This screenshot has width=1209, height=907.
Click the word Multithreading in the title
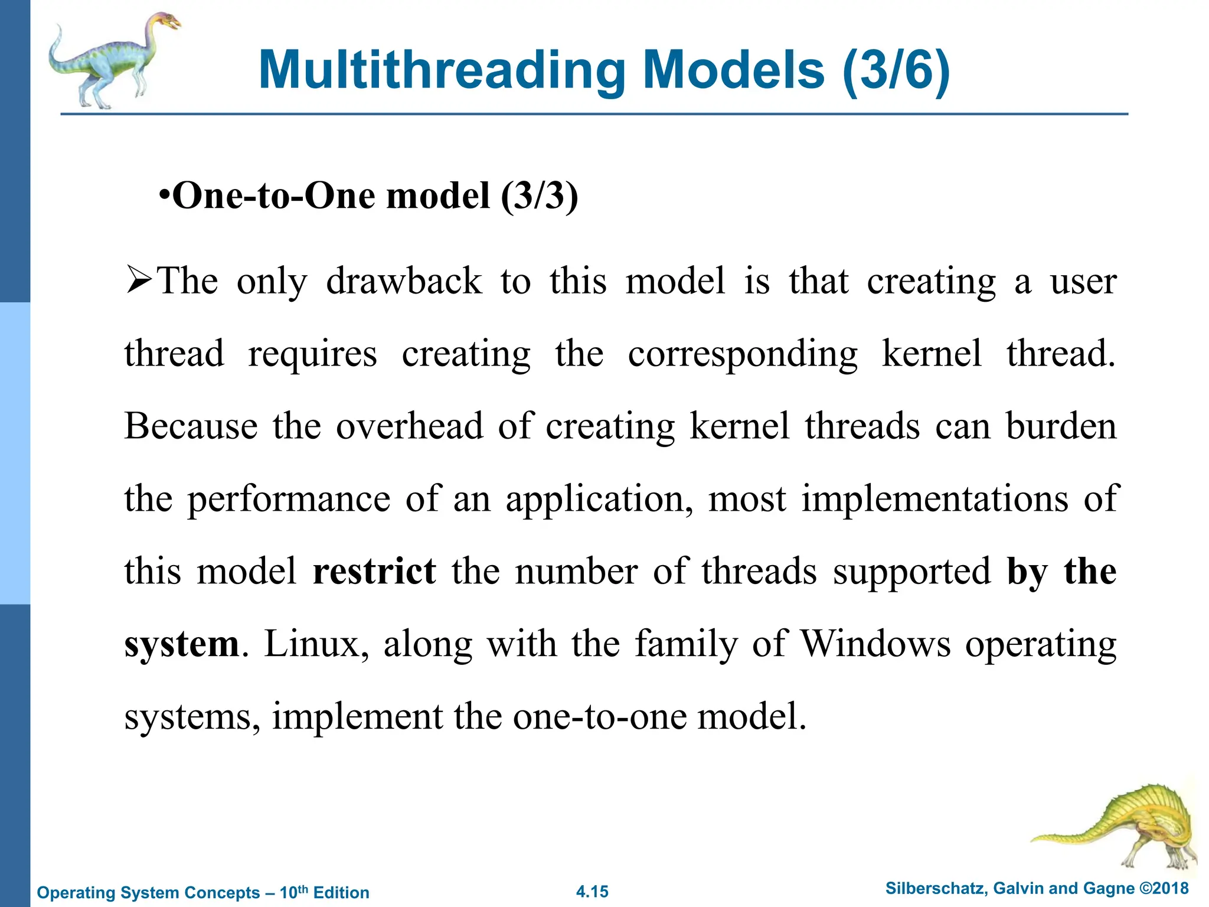[x=442, y=70]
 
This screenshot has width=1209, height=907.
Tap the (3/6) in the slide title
[x=896, y=70]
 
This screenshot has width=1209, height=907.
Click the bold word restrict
[x=374, y=571]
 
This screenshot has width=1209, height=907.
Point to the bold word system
[x=181, y=644]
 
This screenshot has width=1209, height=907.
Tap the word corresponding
[x=743, y=354]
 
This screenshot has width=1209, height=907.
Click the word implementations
[x=934, y=498]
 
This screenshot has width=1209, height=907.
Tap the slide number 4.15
[x=592, y=892]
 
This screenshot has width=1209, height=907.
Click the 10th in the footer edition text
[x=293, y=892]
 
